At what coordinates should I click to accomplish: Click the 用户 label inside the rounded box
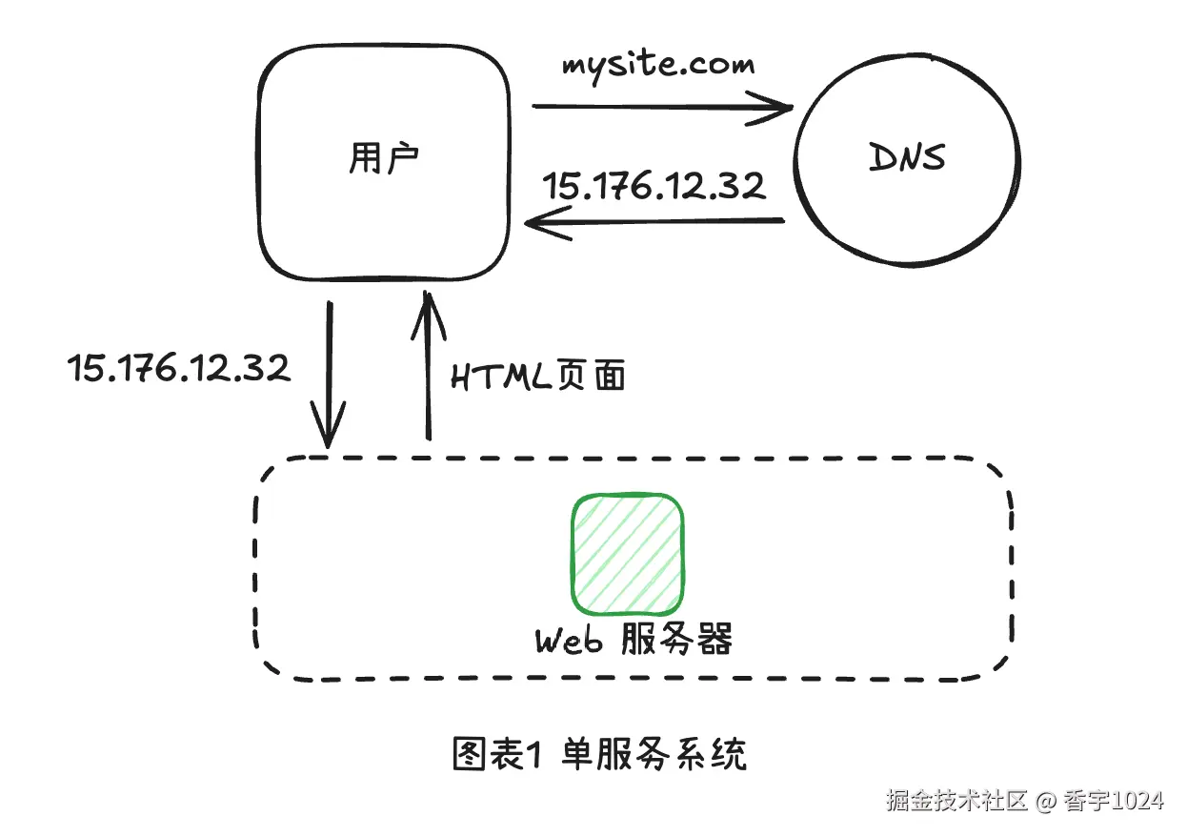click(383, 159)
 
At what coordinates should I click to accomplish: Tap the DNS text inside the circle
click(907, 158)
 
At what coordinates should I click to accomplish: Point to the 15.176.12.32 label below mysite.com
click(654, 185)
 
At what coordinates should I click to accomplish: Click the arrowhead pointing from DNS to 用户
click(537, 224)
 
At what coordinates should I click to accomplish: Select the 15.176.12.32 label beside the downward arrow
click(179, 367)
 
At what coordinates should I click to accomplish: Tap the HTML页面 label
click(538, 377)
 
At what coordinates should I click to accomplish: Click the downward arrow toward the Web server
click(330, 381)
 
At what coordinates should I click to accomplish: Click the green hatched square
click(628, 554)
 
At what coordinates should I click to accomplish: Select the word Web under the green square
click(569, 641)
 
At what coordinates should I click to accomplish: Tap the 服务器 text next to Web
click(676, 640)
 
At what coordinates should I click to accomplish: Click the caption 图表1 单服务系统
click(599, 754)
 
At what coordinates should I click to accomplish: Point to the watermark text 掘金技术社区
click(956, 800)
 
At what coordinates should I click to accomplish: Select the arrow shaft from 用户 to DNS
click(657, 107)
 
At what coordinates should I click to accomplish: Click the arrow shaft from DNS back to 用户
click(667, 222)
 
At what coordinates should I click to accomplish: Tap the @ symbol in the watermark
click(1045, 801)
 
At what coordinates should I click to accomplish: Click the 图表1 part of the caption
click(496, 754)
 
